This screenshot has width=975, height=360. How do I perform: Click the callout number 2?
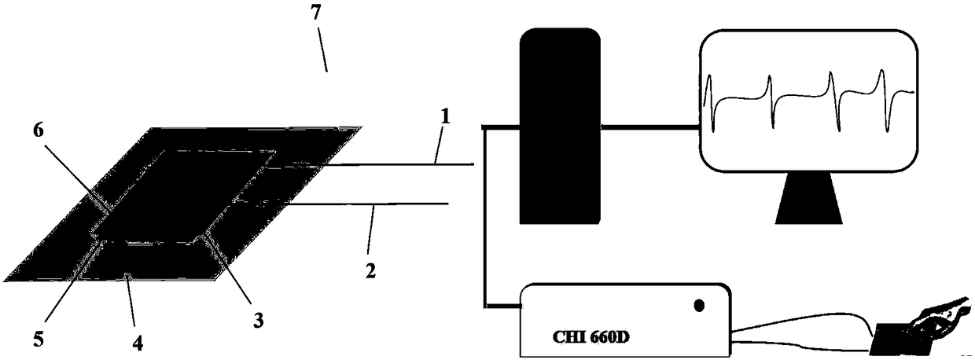370,270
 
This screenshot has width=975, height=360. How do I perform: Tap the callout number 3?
258,320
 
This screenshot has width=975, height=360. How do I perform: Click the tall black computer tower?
560,126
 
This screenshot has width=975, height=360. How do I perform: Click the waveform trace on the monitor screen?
810,98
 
